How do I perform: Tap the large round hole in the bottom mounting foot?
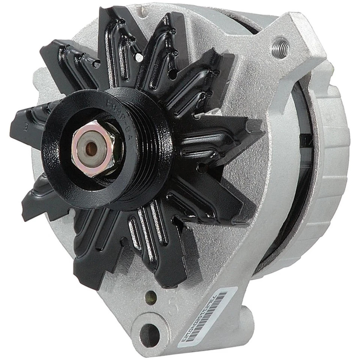(149, 330)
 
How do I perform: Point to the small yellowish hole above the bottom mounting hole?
(152, 296)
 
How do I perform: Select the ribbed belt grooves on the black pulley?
(157, 150)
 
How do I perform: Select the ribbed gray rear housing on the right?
(330, 169)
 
